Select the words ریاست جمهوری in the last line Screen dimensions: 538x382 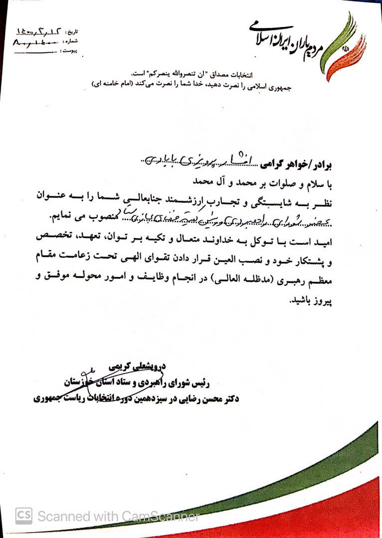tap(54, 398)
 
